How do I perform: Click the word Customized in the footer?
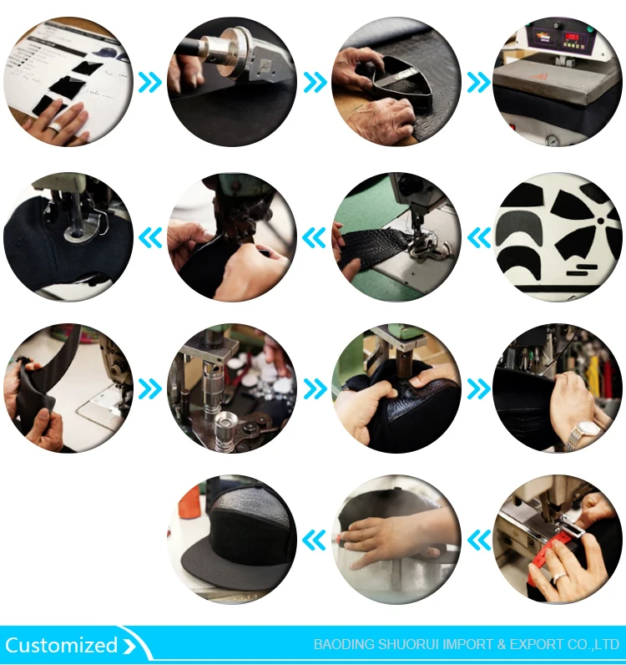pos(61,645)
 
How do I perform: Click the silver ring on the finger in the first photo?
pos(56,126)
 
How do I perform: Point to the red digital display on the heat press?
pos(573,38)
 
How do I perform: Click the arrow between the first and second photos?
pos(150,82)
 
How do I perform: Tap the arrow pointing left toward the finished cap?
pos(314,540)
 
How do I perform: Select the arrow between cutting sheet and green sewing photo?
pos(479,237)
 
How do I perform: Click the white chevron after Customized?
pos(129,646)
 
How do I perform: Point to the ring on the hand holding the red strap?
pos(558,577)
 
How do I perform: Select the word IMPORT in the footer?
pos(468,645)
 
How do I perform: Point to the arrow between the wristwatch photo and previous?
pos(479,388)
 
